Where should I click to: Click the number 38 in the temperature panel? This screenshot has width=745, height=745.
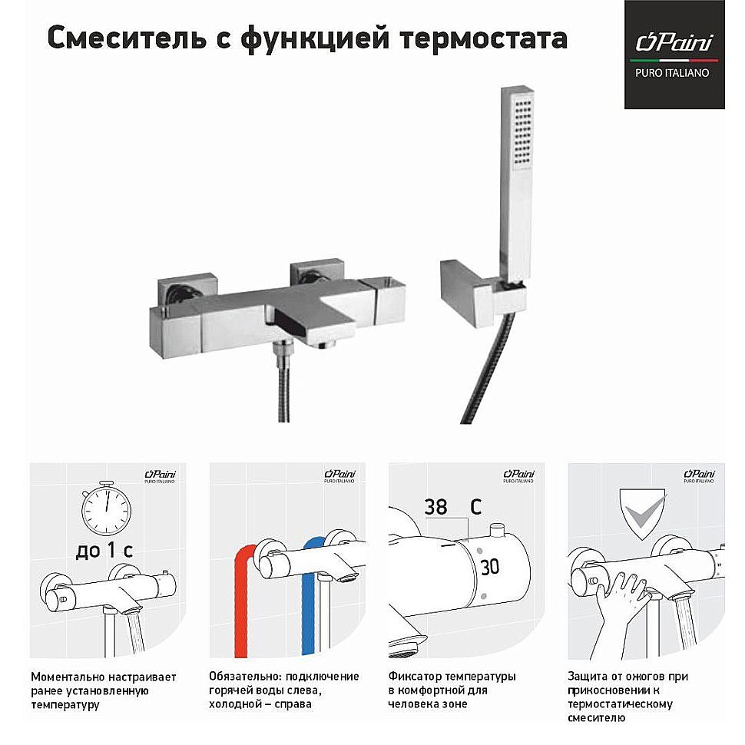[435, 507]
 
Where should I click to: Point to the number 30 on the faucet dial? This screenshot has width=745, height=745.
[489, 568]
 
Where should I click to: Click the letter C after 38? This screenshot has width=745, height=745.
[475, 507]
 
